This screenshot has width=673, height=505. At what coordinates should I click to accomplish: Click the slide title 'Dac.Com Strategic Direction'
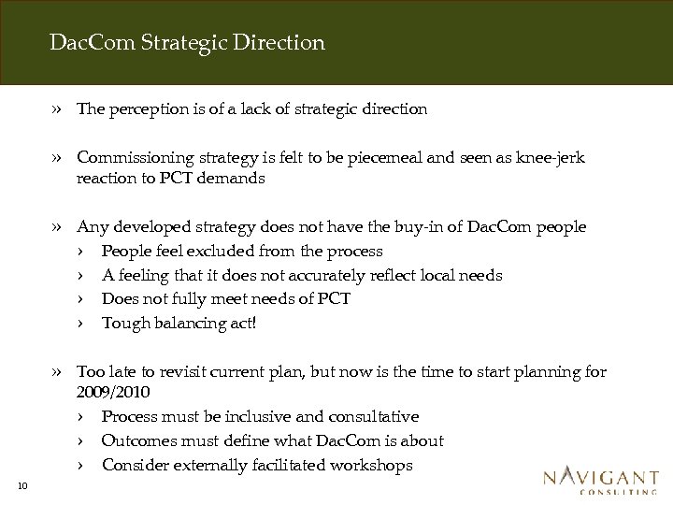[x=188, y=43]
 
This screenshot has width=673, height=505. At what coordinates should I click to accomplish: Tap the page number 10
[x=23, y=483]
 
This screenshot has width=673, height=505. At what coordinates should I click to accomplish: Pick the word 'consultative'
[x=368, y=417]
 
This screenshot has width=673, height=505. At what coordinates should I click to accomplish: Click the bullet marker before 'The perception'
[x=59, y=109]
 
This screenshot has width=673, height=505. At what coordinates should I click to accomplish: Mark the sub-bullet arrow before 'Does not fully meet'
[x=82, y=300]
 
